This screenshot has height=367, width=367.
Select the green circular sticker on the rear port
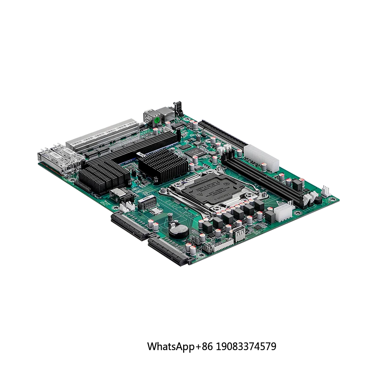pyautogui.click(x=157, y=120)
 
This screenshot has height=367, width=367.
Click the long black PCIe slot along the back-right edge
pyautogui.click(x=220, y=134)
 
